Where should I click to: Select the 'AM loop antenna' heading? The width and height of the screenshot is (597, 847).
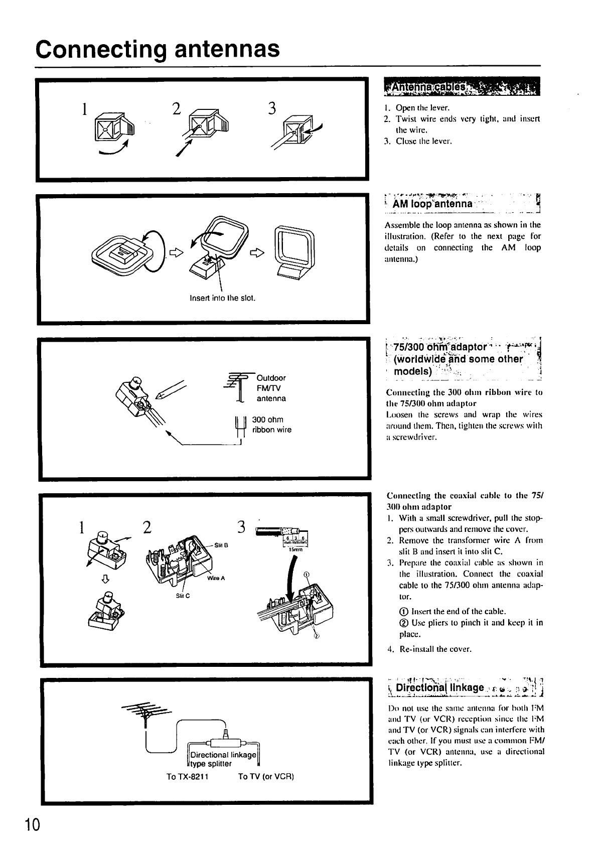pos(432,204)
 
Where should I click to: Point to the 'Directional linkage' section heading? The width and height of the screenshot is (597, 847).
pos(440,687)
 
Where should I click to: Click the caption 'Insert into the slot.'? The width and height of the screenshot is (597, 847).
pos(223,298)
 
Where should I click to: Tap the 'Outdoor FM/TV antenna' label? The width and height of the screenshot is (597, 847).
pos(271,388)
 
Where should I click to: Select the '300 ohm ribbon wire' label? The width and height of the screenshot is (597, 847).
pos(271,425)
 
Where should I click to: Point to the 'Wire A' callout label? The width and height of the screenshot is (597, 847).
pos(216,578)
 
